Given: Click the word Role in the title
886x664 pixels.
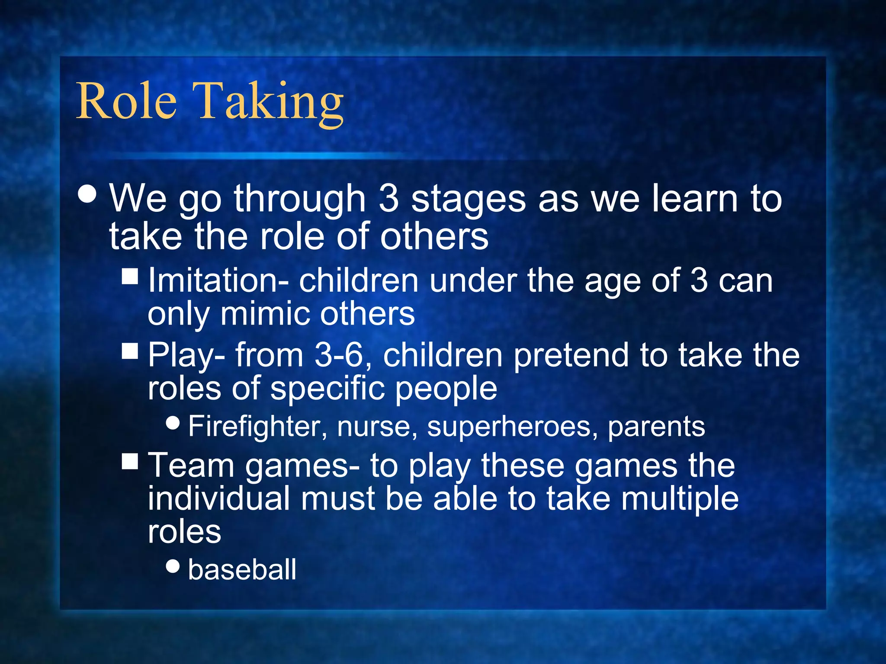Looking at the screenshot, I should (x=126, y=101).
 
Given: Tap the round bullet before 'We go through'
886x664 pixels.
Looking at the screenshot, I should (x=88, y=194).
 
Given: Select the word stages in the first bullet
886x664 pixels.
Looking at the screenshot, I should (x=468, y=200).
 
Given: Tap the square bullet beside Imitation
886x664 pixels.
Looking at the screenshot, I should (x=130, y=276).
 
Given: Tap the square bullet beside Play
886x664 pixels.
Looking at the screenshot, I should (x=130, y=351).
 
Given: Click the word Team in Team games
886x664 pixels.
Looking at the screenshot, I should (x=190, y=466).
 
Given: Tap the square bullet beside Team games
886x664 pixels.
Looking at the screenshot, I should (x=130, y=461).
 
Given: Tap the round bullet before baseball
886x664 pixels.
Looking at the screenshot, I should (x=173, y=565).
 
